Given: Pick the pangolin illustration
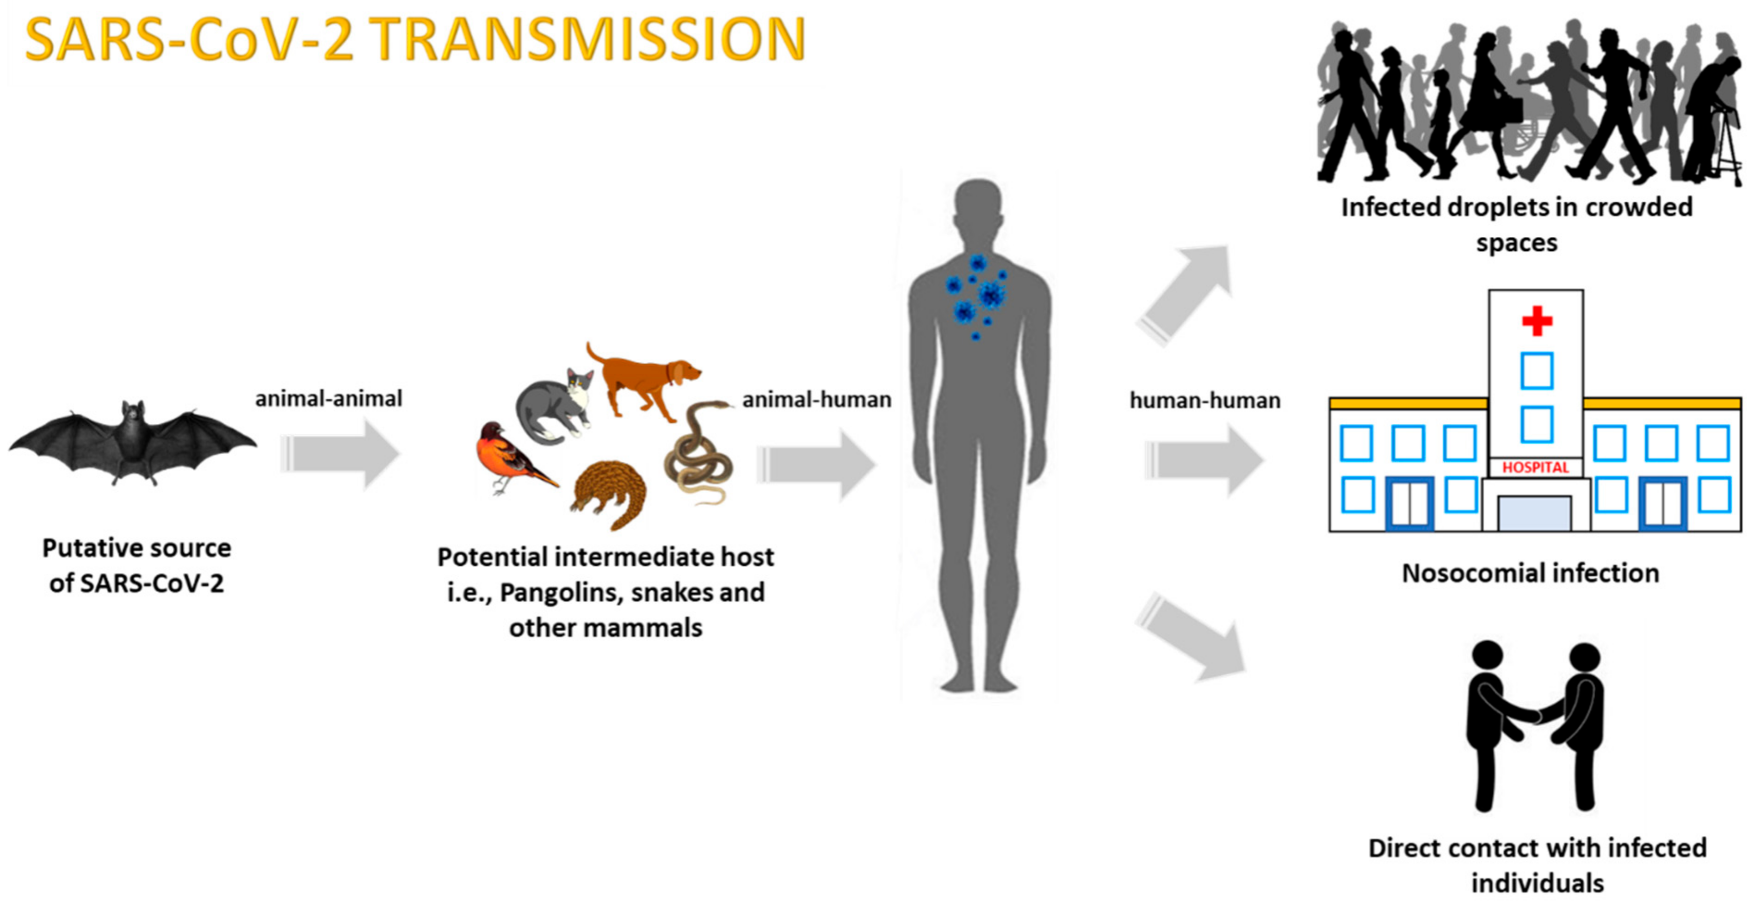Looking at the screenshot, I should point(609,490).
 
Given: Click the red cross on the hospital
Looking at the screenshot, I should point(1537,321).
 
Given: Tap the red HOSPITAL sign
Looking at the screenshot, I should point(1535,467).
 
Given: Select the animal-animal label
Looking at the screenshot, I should point(328,398).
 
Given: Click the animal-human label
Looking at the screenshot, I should point(816,400).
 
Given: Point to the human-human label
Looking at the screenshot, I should point(1204,401).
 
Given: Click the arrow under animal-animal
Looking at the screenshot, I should point(340,453).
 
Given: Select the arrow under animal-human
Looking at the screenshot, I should point(816,464).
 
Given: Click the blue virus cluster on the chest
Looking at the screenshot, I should point(977,296).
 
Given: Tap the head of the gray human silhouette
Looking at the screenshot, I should point(978,204).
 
